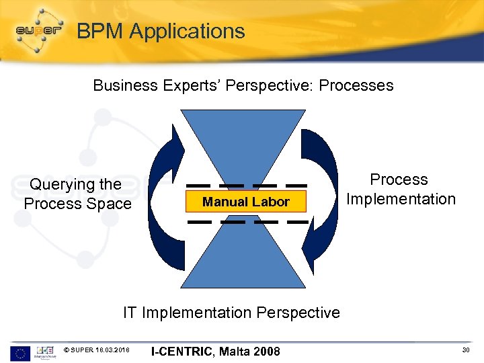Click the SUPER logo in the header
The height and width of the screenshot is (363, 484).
(x=39, y=31)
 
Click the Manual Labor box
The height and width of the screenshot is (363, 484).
(x=246, y=202)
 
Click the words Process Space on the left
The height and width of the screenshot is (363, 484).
(x=77, y=204)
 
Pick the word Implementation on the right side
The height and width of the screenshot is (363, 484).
(x=401, y=199)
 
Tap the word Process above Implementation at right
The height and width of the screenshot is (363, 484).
(x=399, y=179)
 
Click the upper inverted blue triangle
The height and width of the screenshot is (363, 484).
(x=246, y=145)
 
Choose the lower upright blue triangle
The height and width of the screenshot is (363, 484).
(x=246, y=259)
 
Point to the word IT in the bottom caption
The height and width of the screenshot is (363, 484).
(x=130, y=313)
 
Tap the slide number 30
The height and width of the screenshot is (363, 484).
(x=466, y=350)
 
